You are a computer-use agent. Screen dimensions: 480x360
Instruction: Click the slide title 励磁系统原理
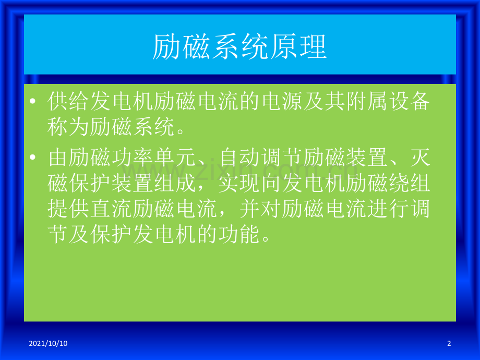click(239, 47)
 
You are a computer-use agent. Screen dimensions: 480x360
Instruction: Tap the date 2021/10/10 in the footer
click(48, 343)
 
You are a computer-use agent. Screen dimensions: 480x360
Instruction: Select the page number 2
click(449, 343)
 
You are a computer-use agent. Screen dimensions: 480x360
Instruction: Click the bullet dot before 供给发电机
click(33, 101)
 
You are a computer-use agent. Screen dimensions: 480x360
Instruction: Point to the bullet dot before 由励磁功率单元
click(33, 158)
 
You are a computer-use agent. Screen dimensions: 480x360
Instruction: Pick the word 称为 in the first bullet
click(68, 126)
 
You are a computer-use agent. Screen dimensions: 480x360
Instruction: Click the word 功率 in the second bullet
click(132, 158)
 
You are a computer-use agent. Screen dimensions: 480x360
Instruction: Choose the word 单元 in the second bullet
click(174, 158)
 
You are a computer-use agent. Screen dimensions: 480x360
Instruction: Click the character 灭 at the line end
click(420, 158)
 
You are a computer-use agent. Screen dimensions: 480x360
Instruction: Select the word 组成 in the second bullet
click(174, 183)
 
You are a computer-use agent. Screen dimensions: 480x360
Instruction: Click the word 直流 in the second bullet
click(111, 209)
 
